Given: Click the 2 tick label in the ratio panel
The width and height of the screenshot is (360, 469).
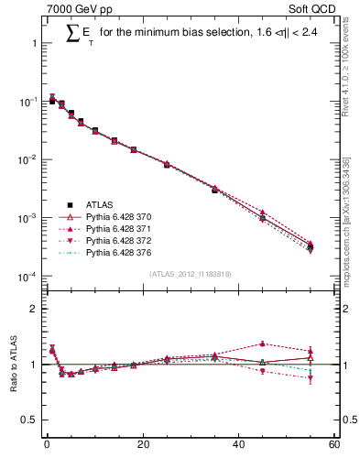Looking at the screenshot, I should point(34,309).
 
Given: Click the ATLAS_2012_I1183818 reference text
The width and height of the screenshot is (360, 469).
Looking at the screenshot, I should point(190,274).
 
